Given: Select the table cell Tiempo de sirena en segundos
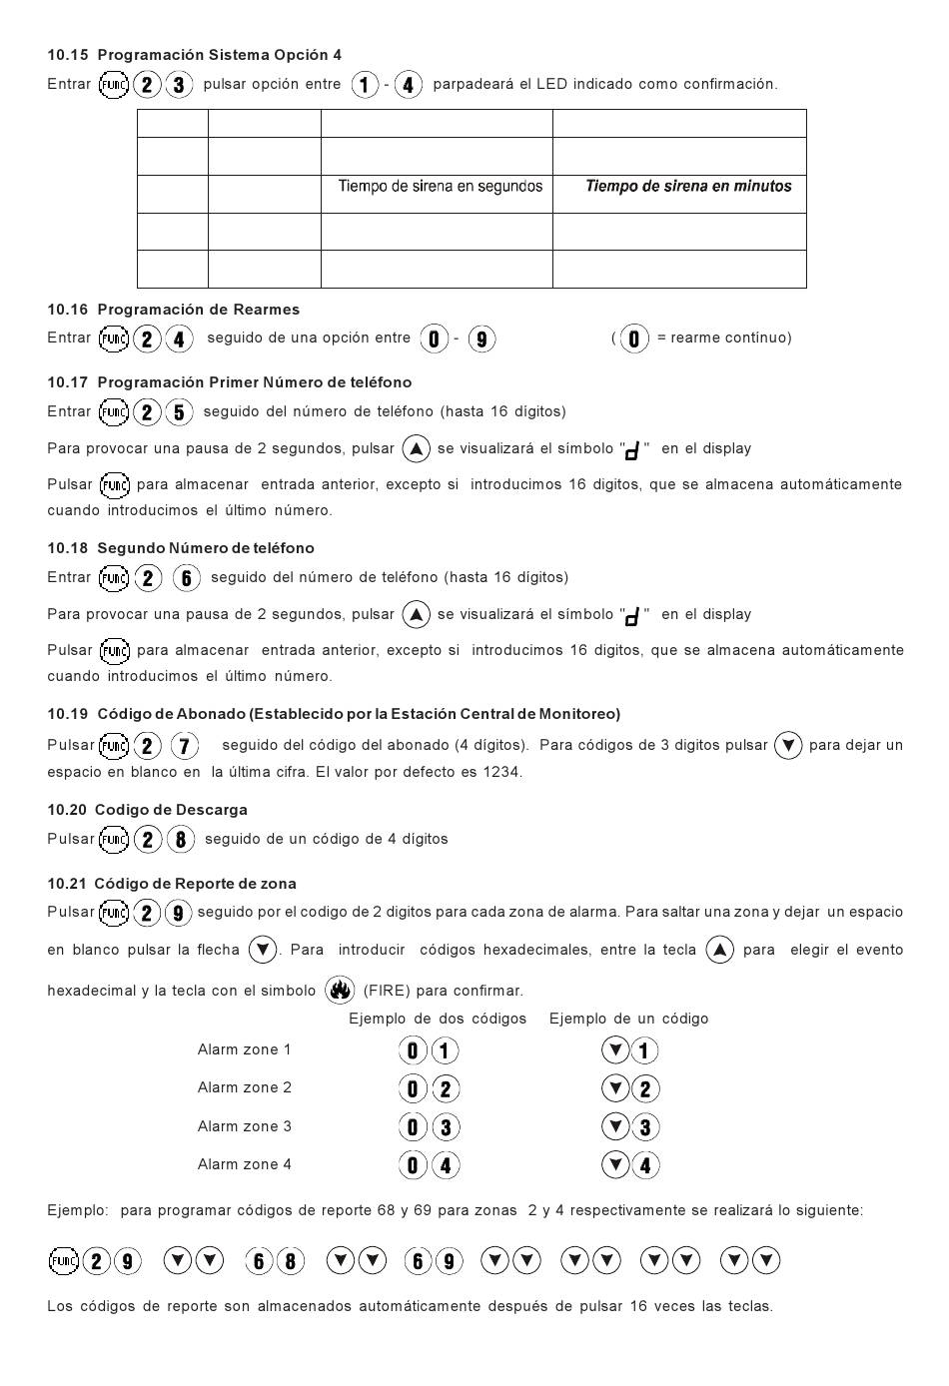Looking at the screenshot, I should [x=440, y=187].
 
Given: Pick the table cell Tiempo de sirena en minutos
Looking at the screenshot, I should [x=688, y=187].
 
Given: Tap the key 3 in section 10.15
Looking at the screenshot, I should [x=179, y=85].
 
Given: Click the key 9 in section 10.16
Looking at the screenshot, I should [x=481, y=340].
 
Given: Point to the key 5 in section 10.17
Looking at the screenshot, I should [x=179, y=412].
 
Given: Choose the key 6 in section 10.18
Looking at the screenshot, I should [x=187, y=578].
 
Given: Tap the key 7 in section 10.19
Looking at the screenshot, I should [x=185, y=746].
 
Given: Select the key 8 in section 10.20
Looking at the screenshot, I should [x=180, y=840].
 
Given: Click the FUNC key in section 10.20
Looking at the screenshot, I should [x=114, y=840].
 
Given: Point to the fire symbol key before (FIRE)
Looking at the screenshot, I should [x=340, y=991].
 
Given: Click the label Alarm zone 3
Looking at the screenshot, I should [x=244, y=1126].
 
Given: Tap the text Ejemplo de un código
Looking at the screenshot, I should [x=628, y=1019].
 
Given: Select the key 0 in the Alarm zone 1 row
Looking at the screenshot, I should [x=413, y=1050].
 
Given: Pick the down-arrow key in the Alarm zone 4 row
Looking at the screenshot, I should [x=616, y=1164].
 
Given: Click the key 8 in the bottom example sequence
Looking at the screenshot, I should [x=290, y=1261].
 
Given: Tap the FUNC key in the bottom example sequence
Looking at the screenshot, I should [x=63, y=1261].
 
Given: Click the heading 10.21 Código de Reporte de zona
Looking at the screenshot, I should [x=171, y=884].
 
